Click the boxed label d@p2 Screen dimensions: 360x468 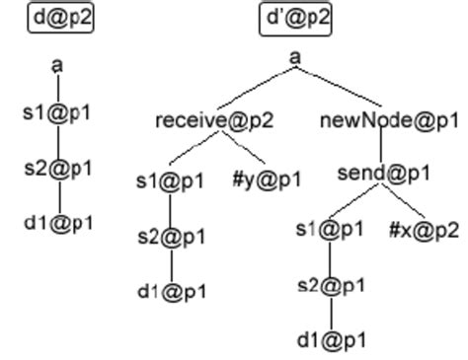[x=60, y=18]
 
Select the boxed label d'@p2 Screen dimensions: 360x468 [x=296, y=18]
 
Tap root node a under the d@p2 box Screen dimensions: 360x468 [x=58, y=65]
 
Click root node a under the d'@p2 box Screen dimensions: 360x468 [x=295, y=57]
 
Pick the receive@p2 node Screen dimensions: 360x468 [x=214, y=120]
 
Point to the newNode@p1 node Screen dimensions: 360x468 [x=390, y=120]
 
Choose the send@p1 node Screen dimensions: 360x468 [x=384, y=174]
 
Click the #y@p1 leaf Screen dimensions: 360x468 [x=270, y=180]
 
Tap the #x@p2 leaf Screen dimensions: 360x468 [x=424, y=230]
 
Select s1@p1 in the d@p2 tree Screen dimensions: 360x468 [x=58, y=112]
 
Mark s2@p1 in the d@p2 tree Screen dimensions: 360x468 [x=58, y=168]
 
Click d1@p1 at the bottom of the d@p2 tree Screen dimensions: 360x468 [x=58, y=223]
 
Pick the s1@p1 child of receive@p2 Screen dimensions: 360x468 [x=171, y=180]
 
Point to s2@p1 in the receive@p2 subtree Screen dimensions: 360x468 [x=171, y=237]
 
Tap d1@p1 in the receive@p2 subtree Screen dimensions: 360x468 [x=171, y=292]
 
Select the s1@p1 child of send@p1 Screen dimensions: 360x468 [x=330, y=230]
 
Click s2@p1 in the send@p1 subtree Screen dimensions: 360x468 [x=330, y=286]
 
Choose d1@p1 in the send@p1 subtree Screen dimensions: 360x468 [x=330, y=341]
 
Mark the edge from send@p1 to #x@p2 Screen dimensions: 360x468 [x=404, y=202]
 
